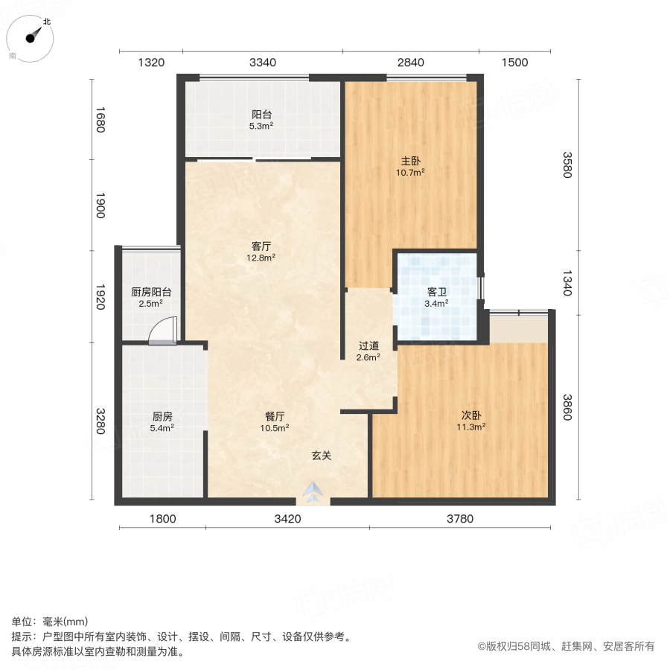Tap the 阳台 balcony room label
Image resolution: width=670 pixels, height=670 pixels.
(261, 115)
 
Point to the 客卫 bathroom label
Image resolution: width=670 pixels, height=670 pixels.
(436, 292)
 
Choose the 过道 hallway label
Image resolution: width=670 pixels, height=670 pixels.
(368, 345)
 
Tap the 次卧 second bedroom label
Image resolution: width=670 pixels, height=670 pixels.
(470, 415)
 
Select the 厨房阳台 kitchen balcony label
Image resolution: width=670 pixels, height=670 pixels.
(150, 292)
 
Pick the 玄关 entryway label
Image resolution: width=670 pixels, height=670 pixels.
(321, 456)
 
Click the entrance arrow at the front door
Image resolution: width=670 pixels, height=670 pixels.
(313, 491)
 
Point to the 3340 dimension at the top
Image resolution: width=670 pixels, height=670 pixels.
(262, 63)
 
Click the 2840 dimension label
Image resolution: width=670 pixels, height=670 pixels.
(410, 63)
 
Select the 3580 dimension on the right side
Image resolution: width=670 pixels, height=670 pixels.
(568, 165)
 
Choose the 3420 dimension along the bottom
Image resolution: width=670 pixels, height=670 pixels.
(287, 519)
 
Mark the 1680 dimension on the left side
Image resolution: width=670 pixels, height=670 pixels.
(100, 119)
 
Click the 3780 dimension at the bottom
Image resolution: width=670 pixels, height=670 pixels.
(460, 519)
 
